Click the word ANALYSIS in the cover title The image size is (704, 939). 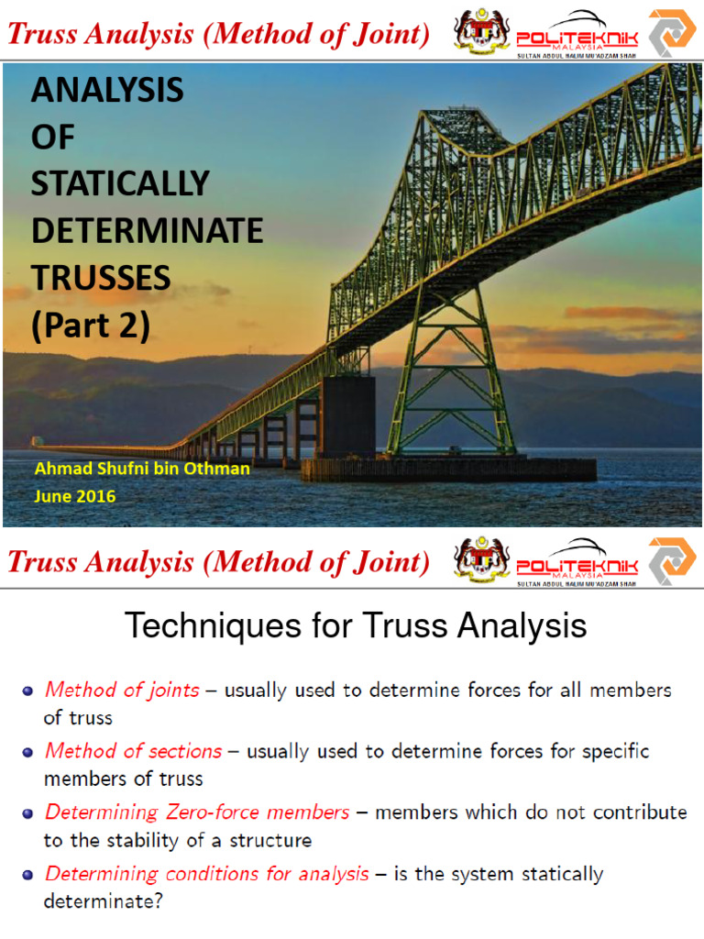click(x=107, y=90)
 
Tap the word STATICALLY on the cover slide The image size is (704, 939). click(x=120, y=183)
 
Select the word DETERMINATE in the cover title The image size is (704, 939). click(x=147, y=230)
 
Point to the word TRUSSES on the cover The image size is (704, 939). click(x=101, y=278)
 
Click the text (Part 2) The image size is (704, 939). click(x=90, y=326)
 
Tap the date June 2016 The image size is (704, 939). click(x=75, y=496)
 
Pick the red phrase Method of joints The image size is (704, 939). click(x=122, y=690)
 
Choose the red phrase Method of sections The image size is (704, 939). click(x=133, y=751)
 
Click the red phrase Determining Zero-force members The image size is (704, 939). click(x=197, y=812)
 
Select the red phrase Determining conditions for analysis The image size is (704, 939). click(x=206, y=873)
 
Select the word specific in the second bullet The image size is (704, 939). click(x=616, y=751)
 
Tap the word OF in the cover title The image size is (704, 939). click(x=52, y=137)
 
